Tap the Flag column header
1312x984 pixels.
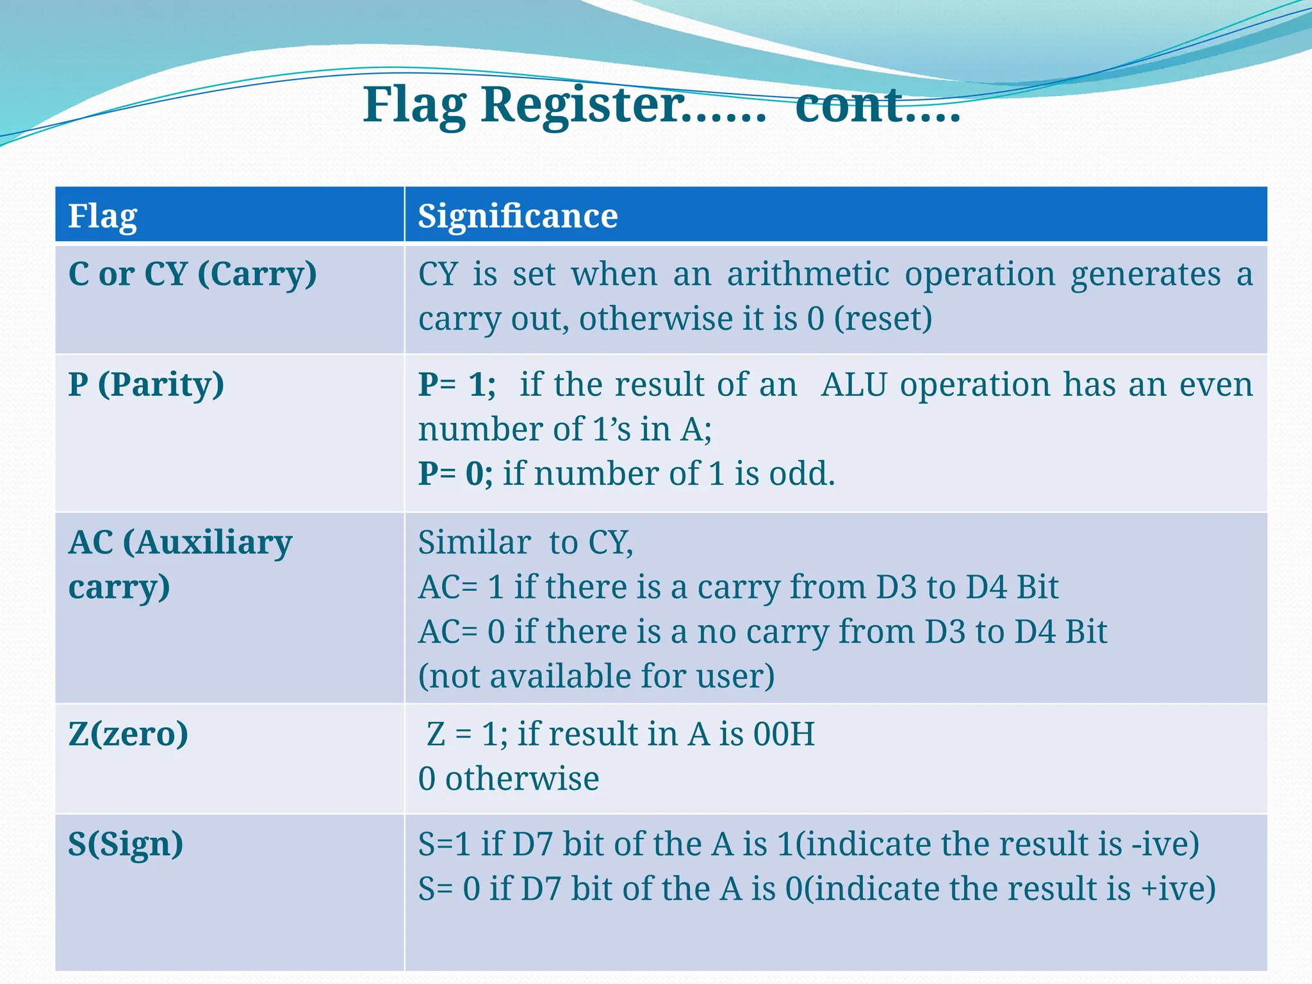pos(102,217)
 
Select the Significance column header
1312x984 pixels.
pos(518,216)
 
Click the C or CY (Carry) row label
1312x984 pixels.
pos(192,275)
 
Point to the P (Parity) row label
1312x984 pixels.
pos(146,385)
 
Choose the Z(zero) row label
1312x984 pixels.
pos(128,734)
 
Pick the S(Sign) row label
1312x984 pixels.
pos(126,844)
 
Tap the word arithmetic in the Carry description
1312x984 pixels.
pos(808,275)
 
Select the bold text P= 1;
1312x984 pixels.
pos(457,385)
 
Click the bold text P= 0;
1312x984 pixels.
pos(455,474)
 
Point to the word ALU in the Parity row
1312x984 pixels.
pos(853,385)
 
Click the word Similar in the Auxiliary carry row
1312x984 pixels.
pos(474,543)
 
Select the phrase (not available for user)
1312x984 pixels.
pos(596,676)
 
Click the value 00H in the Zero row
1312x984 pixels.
pos(783,734)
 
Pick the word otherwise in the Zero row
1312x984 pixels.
pos(522,779)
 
